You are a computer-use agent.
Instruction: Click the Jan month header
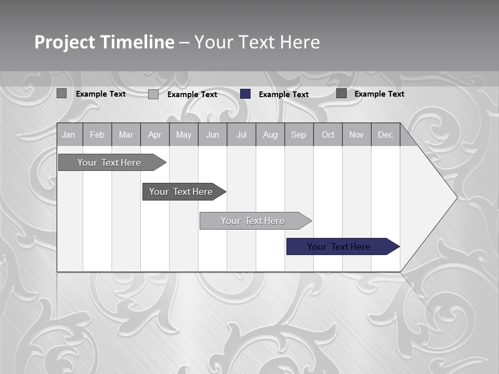69,135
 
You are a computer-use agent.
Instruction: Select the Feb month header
97,135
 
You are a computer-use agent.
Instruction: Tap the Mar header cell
126,135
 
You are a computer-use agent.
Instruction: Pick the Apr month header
154,135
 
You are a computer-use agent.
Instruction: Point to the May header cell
183,135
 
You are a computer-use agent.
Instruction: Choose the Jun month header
213,135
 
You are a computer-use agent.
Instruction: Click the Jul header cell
241,135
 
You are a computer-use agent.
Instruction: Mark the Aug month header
270,135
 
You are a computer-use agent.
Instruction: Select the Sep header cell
299,135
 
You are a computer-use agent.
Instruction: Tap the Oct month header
328,135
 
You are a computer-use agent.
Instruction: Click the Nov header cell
357,135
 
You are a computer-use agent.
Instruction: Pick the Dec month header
386,135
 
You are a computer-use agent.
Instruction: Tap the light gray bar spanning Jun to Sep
253,221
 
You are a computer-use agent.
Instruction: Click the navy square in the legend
245,94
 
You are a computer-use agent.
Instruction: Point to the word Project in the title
64,42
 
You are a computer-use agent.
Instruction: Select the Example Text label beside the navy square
284,95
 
